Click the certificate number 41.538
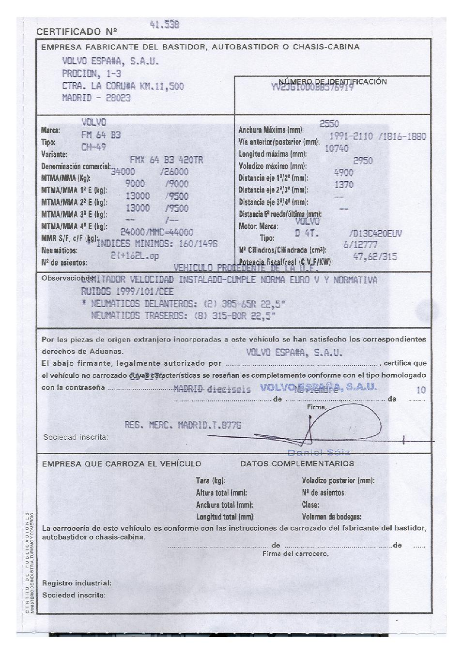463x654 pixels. [165, 24]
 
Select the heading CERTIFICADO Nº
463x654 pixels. [77, 32]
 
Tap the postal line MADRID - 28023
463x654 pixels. [96, 98]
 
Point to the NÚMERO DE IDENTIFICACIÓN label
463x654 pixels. [333, 81]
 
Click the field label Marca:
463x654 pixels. [50, 130]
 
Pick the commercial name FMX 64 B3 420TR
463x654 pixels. [166, 160]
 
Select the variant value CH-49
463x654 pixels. [93, 147]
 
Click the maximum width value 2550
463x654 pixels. [329, 124]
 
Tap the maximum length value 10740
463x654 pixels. [336, 149]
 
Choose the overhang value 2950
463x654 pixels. [363, 161]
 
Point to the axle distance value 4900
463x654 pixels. [344, 173]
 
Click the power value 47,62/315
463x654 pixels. [375, 257]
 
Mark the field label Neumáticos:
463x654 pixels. [59, 251]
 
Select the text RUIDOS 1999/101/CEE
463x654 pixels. [127, 291]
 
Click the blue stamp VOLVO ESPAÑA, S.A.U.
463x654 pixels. [318, 386]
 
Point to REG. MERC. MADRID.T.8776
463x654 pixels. [183, 425]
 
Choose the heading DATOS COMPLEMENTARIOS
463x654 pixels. [297, 463]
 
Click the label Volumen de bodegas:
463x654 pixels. [331, 517]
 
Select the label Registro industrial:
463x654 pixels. [77, 583]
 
